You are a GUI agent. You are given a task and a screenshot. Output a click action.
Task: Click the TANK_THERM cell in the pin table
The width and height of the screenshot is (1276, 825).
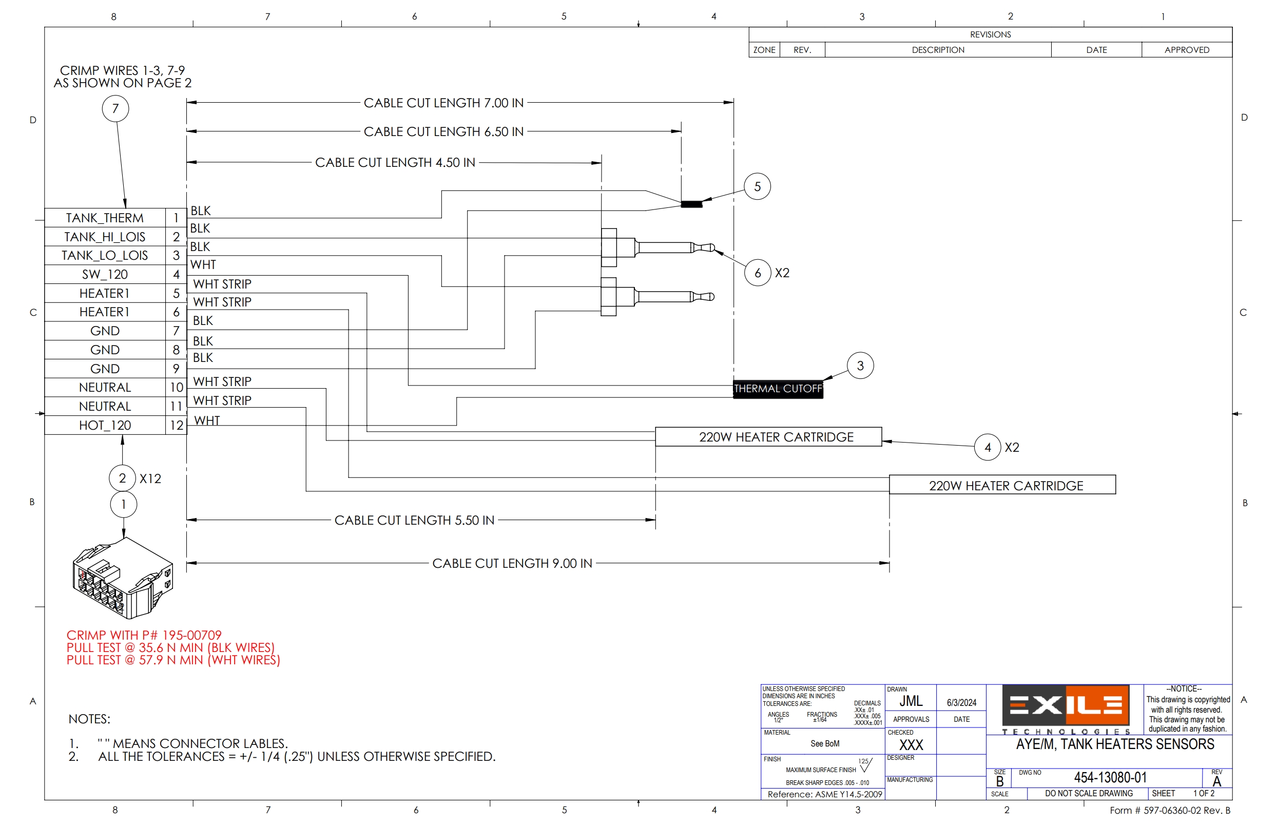(x=104, y=218)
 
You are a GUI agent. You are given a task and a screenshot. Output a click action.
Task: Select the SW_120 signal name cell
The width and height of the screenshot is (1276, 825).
(x=104, y=274)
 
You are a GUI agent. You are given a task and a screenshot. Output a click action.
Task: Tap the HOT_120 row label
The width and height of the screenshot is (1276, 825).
(x=104, y=426)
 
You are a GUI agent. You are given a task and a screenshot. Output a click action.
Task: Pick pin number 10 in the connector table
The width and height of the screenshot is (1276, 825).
(x=176, y=387)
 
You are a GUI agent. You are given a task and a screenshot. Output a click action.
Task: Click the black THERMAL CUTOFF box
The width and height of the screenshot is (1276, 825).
(x=777, y=389)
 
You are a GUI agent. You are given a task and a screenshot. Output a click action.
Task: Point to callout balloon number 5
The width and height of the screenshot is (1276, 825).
(x=757, y=186)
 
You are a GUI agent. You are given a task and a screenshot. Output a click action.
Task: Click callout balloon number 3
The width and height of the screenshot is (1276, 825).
(x=859, y=366)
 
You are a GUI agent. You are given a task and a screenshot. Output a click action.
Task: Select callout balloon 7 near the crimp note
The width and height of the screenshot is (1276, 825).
(x=115, y=108)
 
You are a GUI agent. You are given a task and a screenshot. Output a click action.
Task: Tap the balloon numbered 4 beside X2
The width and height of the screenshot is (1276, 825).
(x=987, y=447)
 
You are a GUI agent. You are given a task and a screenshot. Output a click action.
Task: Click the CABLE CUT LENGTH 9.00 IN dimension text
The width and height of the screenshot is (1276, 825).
(x=511, y=563)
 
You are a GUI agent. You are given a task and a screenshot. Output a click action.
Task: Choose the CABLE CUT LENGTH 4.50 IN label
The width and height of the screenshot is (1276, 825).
(x=395, y=162)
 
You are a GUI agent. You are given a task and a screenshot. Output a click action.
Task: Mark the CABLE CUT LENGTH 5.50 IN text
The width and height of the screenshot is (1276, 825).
(x=414, y=520)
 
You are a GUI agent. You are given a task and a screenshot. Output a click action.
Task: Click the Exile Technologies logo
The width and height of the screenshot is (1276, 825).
(x=1065, y=708)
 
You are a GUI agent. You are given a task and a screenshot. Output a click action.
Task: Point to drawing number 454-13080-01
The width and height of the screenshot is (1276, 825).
(x=1110, y=777)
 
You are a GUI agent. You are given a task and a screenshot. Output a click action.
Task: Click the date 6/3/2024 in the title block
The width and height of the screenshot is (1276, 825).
(x=961, y=702)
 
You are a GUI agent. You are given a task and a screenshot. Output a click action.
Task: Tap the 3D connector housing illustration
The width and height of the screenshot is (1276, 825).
(x=123, y=579)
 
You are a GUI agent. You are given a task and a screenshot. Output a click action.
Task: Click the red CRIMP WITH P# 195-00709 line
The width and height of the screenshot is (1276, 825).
(x=144, y=636)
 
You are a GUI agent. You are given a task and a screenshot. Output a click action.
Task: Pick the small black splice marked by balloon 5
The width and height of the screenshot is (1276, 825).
(x=691, y=204)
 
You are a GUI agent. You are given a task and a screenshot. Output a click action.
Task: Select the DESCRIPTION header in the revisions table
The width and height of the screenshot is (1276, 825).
(x=938, y=50)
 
